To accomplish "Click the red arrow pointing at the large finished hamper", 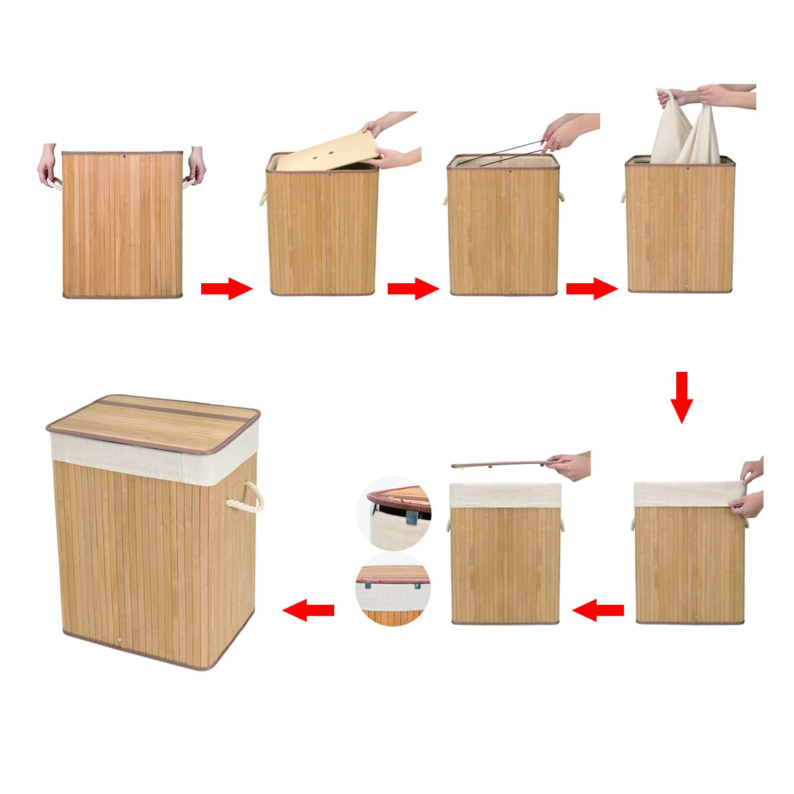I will pyautogui.click(x=308, y=609).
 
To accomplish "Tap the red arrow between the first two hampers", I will pyautogui.click(x=226, y=288).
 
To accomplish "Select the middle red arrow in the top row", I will pyautogui.click(x=413, y=288).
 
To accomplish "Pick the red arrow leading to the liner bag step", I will pyautogui.click(x=592, y=288).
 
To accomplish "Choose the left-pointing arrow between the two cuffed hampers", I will pyautogui.click(x=598, y=609).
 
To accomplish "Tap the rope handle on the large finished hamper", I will pyautogui.click(x=246, y=498).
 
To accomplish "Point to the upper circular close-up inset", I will pyautogui.click(x=394, y=513).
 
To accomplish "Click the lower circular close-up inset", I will pyautogui.click(x=393, y=590).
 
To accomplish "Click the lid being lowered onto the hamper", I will pyautogui.click(x=500, y=464).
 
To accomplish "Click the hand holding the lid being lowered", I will pyautogui.click(x=570, y=466).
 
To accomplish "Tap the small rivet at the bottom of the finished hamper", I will pyautogui.click(x=118, y=640).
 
